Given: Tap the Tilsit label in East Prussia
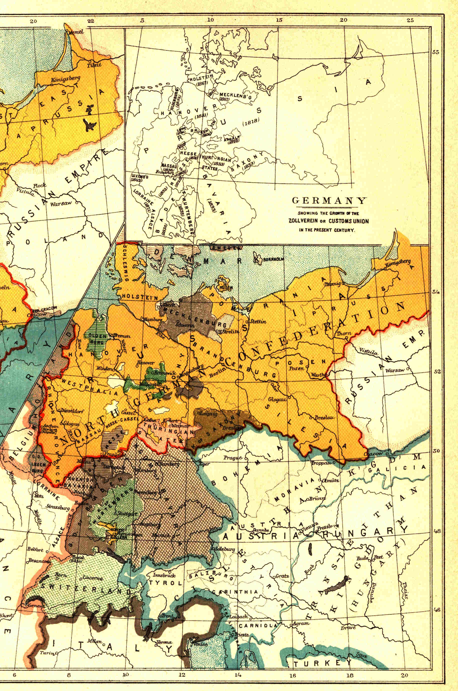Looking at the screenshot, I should point(94,65).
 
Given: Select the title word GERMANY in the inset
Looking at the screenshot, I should point(329,201).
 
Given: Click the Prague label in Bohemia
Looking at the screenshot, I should point(233,458).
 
